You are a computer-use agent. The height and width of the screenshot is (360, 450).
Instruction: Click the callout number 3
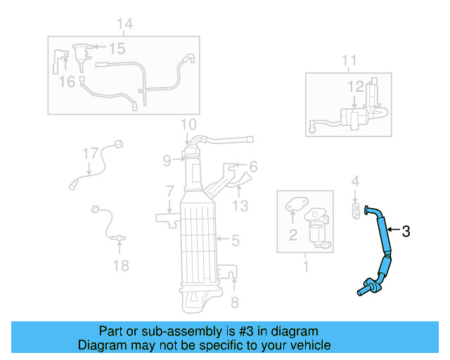405,231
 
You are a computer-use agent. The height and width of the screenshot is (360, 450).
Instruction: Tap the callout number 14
124,25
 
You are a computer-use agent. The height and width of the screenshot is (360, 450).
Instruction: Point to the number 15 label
116,49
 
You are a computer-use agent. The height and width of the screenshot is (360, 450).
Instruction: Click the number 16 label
67,82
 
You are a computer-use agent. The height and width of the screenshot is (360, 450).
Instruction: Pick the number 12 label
355,86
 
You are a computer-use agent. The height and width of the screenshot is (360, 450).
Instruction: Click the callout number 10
188,125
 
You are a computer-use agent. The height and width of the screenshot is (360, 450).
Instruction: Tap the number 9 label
167,161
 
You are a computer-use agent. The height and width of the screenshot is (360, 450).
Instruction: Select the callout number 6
253,167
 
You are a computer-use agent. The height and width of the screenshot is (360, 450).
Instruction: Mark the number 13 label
240,205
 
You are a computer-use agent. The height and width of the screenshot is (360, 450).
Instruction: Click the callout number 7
169,191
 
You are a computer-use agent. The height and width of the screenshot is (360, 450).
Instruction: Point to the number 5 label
236,241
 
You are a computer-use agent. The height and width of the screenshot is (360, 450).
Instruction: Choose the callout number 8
235,303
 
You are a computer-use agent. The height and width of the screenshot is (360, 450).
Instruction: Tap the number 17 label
90,153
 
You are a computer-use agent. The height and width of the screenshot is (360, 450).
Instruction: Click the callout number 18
121,265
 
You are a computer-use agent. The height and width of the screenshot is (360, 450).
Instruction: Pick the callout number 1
305,266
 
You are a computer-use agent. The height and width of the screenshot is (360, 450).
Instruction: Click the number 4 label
356,181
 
